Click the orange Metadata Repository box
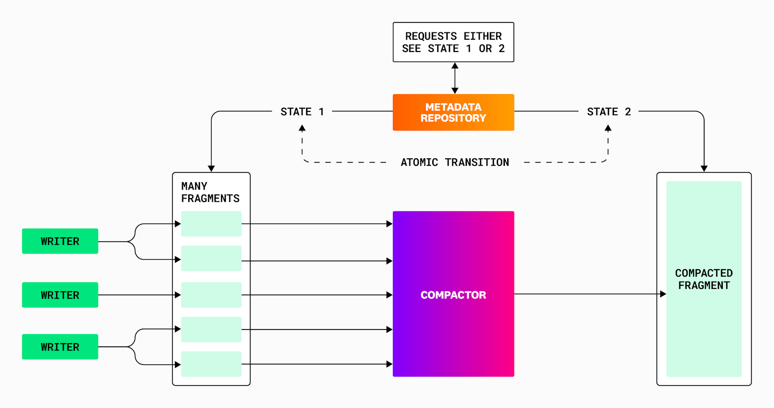(453, 113)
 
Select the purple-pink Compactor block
(453, 294)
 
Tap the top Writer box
(60, 241)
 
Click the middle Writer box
(60, 295)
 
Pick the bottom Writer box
(60, 347)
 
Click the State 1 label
(302, 112)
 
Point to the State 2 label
(609, 112)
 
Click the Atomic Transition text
(455, 162)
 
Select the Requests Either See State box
(453, 42)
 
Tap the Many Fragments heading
(210, 192)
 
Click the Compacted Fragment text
(704, 279)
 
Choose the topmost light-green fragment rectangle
(211, 224)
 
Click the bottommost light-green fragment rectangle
(211, 364)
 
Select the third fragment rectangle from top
(211, 295)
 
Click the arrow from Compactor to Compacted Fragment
(589, 294)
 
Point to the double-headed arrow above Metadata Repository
(455, 78)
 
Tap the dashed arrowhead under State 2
(608, 129)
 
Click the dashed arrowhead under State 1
(302, 129)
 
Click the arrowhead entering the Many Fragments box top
(211, 168)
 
